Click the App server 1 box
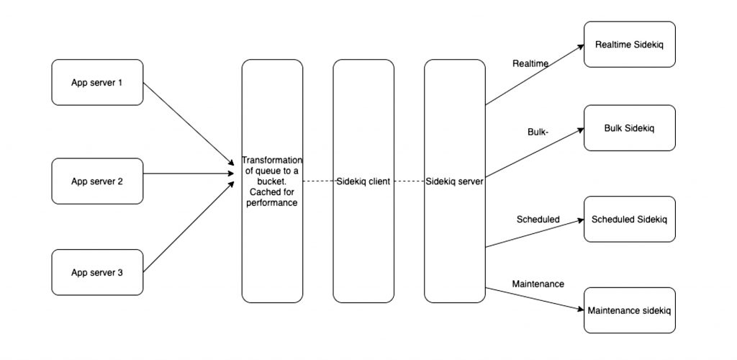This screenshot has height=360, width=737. [x=97, y=83]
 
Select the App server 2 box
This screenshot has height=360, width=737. [x=97, y=181]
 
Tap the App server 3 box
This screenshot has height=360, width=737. [x=97, y=273]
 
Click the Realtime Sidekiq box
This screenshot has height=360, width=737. [x=629, y=45]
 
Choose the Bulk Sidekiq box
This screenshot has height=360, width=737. [x=629, y=128]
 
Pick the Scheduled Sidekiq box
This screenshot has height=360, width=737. [x=629, y=219]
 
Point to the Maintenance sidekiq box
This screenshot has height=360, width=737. [x=629, y=310]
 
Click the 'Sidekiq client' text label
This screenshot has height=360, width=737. [x=363, y=181]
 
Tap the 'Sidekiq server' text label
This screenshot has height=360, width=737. [x=454, y=181]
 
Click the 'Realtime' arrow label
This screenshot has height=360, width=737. [x=530, y=63]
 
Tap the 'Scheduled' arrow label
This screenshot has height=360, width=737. [x=538, y=219]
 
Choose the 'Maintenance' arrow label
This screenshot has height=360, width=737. [x=538, y=284]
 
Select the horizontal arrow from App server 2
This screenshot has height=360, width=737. [x=191, y=174]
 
